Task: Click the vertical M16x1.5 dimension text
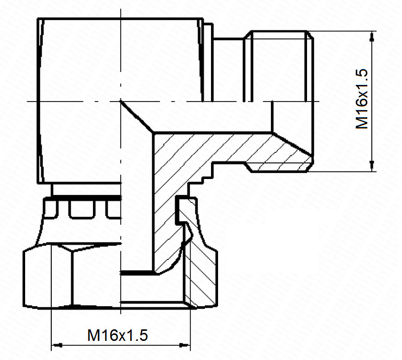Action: coord(362,99)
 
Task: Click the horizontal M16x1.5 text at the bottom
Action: coord(118,335)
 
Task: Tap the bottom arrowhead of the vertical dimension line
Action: coord(372,166)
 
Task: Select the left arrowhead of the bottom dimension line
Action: coord(57,345)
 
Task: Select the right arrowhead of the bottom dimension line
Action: coord(185,345)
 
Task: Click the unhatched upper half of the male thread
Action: coord(278,66)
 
